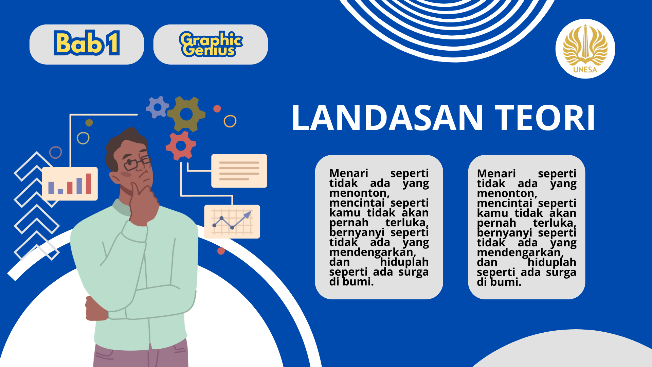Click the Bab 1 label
point(87,43)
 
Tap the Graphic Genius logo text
point(211,44)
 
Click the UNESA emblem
point(585,49)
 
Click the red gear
point(181,146)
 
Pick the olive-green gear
point(186,114)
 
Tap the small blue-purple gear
point(157,107)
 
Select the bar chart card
point(70,183)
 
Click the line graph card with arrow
point(232,222)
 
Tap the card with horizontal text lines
point(239,171)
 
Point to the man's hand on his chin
point(144,204)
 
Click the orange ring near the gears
point(230,121)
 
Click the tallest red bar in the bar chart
point(89,183)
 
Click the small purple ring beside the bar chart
point(56,153)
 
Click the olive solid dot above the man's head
point(89,123)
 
